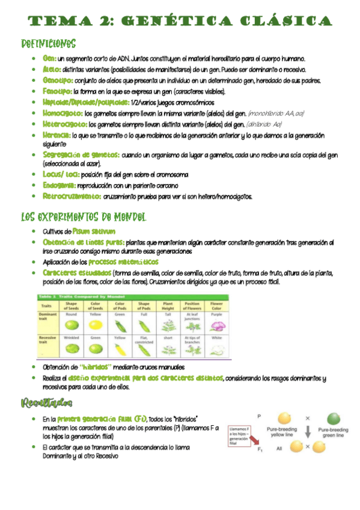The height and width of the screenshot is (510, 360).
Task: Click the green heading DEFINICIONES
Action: click(x=48, y=45)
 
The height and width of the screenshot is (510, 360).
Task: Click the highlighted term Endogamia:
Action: click(x=59, y=185)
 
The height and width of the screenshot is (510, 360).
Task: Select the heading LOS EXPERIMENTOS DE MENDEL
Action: click(x=84, y=217)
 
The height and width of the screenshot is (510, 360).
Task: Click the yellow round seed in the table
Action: click(x=96, y=325)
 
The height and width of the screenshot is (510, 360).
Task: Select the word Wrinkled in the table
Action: click(x=72, y=338)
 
